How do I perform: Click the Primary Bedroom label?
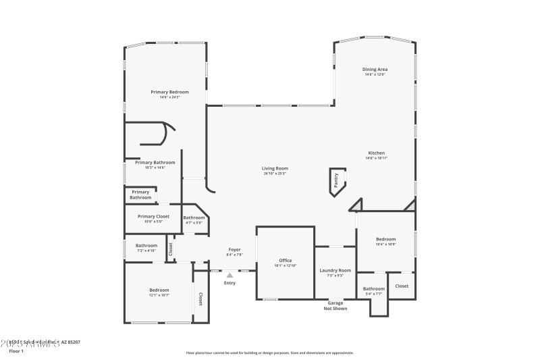coord(169,92)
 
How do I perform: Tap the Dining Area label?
coord(375,70)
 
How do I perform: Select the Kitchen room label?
coord(376,153)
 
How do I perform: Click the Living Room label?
coord(275,168)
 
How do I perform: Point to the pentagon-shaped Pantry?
coord(336,180)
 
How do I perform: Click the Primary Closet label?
coord(153,216)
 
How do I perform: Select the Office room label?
coord(285,260)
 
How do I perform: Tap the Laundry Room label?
coord(335,270)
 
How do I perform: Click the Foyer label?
coord(234,250)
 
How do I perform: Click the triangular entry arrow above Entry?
coord(230,275)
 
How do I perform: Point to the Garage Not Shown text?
coord(335,305)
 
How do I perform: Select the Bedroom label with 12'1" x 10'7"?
coord(159,290)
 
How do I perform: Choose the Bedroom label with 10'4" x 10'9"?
coord(385,239)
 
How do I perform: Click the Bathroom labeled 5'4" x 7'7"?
coord(373,288)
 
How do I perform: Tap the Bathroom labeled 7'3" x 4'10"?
coord(146,245)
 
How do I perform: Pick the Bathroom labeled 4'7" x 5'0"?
coord(194,217)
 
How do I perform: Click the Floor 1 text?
coord(16,351)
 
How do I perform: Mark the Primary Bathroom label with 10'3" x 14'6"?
coord(155,162)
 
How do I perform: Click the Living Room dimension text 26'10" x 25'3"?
coord(275,174)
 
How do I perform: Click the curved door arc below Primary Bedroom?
coord(169,126)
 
